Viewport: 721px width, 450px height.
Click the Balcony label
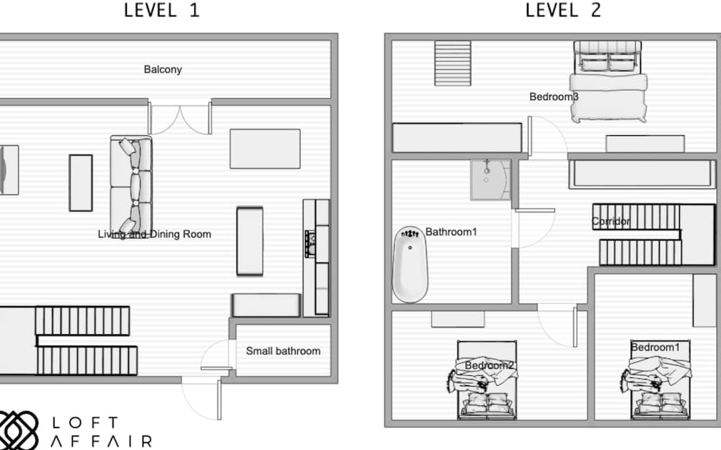(x=163, y=69)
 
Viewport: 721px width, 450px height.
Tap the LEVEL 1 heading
(x=162, y=10)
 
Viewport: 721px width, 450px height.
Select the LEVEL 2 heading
(x=563, y=10)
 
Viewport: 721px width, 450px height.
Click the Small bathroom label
(x=283, y=351)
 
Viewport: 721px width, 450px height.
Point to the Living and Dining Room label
(x=154, y=234)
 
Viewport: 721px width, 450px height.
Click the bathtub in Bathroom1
(x=410, y=264)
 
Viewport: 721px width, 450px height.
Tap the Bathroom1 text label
(x=451, y=232)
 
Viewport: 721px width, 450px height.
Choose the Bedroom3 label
(x=554, y=97)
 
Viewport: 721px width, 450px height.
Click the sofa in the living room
(x=131, y=185)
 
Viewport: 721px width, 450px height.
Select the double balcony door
(x=180, y=118)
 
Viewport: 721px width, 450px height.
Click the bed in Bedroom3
(x=608, y=82)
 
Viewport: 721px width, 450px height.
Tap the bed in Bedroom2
(x=487, y=379)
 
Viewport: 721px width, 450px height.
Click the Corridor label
(x=611, y=221)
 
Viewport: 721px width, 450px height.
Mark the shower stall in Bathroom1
(x=490, y=179)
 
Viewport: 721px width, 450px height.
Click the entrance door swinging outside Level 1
(x=201, y=397)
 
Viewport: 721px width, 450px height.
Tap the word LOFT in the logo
(x=86, y=423)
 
